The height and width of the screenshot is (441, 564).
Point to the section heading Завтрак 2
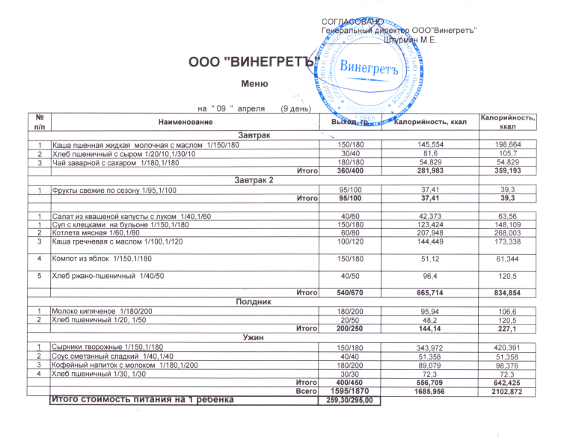pyautogui.click(x=254, y=180)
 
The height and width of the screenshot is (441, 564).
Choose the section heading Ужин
pyautogui.click(x=254, y=337)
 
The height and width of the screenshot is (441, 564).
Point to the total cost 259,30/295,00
pyautogui.click(x=350, y=401)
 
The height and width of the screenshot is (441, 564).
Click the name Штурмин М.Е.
pyautogui.click(x=410, y=39)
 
